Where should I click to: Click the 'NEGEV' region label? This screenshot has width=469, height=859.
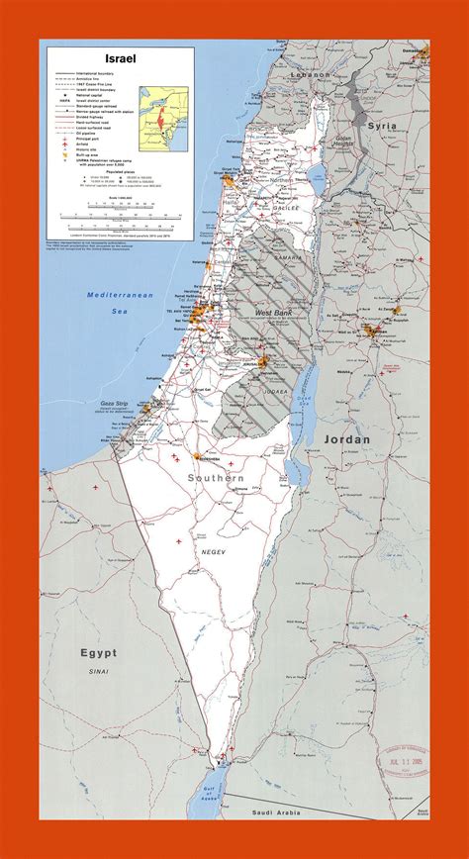pos(214,550)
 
